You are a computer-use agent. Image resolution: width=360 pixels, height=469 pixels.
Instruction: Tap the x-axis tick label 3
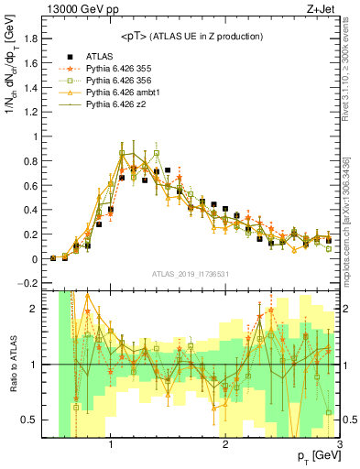(339, 445)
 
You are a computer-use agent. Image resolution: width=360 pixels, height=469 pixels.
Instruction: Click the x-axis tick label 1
(111, 445)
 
